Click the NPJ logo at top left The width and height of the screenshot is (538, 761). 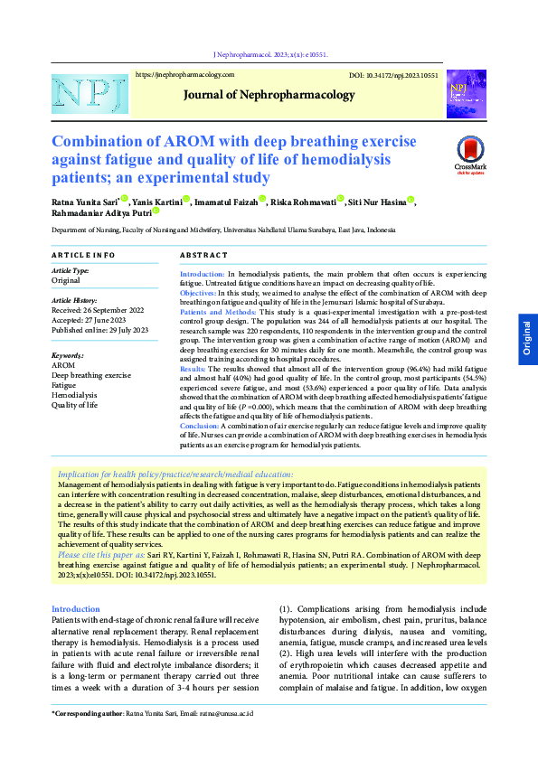click(78, 94)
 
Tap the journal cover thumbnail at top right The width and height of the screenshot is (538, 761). click(466, 94)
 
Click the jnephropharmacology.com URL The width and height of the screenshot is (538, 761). click(184, 74)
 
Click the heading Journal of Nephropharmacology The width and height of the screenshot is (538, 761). click(269, 94)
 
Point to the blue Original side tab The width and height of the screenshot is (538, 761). click(528, 340)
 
